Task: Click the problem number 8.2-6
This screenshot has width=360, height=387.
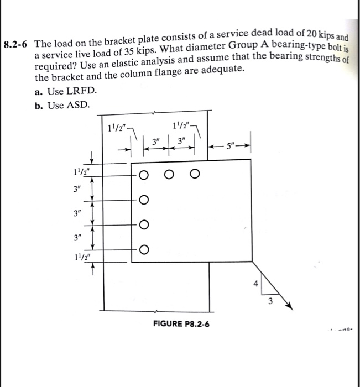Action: coord(17,44)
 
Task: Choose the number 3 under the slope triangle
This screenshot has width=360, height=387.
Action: coord(270,302)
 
